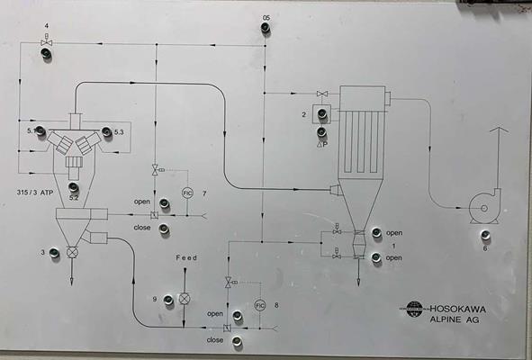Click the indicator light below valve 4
[x=47, y=55]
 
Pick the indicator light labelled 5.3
[x=106, y=133]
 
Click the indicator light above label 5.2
[x=74, y=186]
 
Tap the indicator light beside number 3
[x=54, y=254]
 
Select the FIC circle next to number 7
[x=187, y=193]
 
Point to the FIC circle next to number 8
[x=259, y=305]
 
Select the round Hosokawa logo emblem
[x=416, y=309]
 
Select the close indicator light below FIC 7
[x=164, y=229]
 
